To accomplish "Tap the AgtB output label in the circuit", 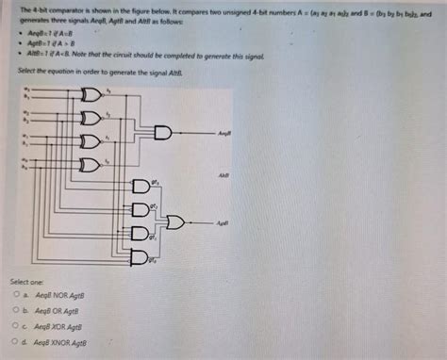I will (x=223, y=222).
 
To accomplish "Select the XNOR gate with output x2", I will (x=91, y=118).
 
